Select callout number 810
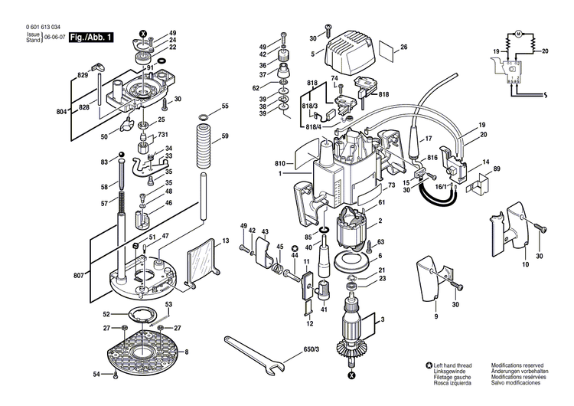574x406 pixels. [280, 164]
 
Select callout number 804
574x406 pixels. [62, 113]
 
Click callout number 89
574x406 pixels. [497, 169]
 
